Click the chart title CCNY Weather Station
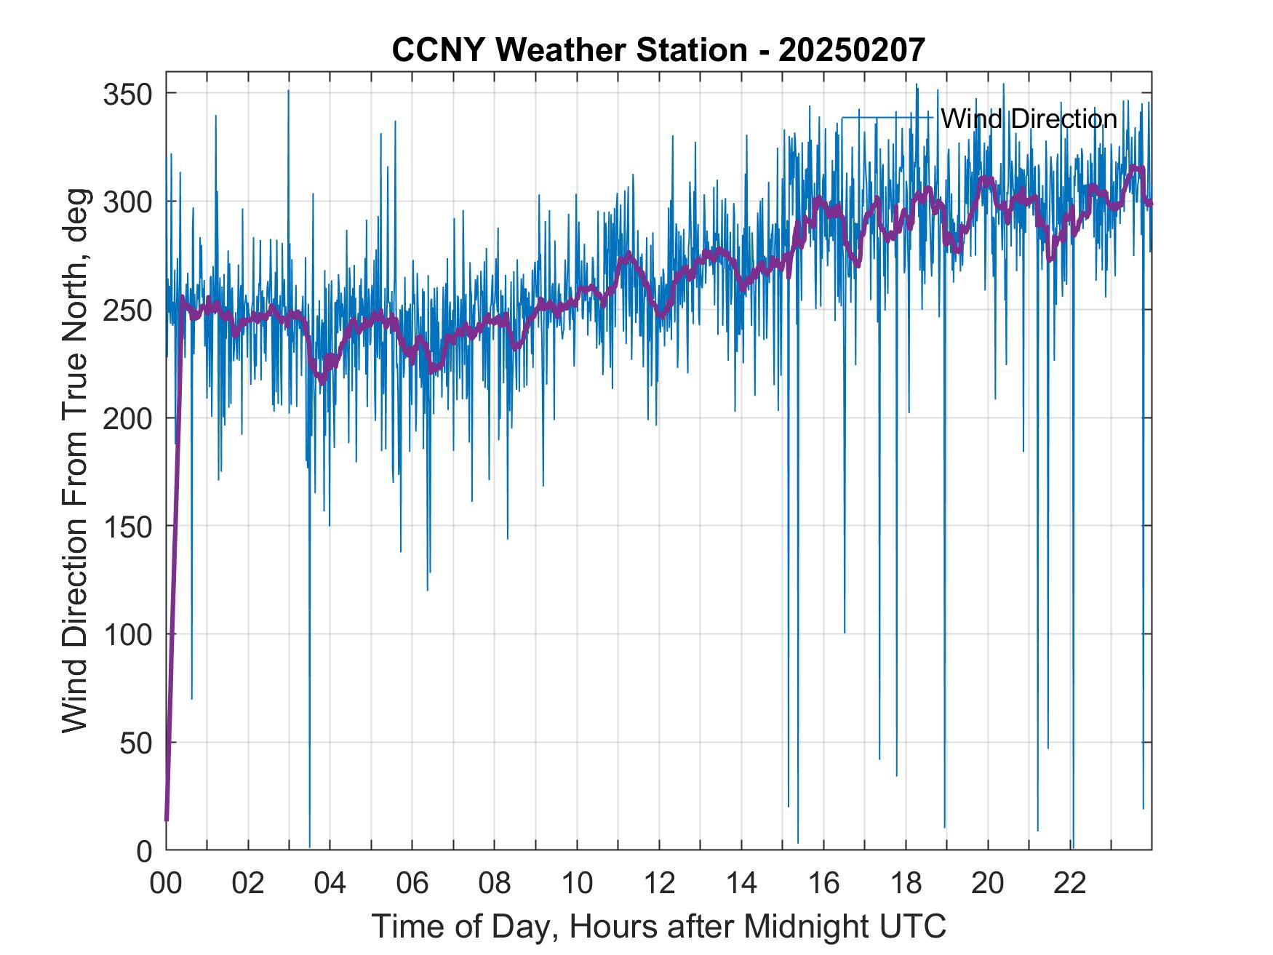pyautogui.click(x=658, y=50)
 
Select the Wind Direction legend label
pyautogui.click(x=1029, y=119)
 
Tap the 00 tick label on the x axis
pyautogui.click(x=166, y=884)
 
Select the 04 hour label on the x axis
pyautogui.click(x=330, y=884)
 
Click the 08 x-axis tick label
pyautogui.click(x=495, y=884)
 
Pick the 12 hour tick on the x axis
pyautogui.click(x=659, y=884)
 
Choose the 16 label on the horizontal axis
pyautogui.click(x=823, y=884)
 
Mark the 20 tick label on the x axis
pyautogui.click(x=988, y=884)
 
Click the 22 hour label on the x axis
pyautogui.click(x=1070, y=884)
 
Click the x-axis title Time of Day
pyautogui.click(x=659, y=927)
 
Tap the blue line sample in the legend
pyautogui.click(x=887, y=118)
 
